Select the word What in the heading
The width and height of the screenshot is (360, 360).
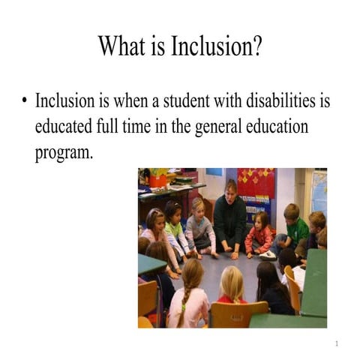[x=123, y=46]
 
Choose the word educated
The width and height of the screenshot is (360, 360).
[x=67, y=126]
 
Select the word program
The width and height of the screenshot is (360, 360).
[x=63, y=152]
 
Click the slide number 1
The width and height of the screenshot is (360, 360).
[x=337, y=344]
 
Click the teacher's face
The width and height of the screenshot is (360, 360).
[x=230, y=188]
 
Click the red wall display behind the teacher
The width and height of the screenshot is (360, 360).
[x=256, y=183]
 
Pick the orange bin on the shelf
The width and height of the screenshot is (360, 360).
[x=157, y=180]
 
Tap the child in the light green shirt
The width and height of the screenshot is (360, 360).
[x=174, y=229]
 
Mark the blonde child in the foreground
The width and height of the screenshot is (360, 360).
[x=231, y=285]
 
